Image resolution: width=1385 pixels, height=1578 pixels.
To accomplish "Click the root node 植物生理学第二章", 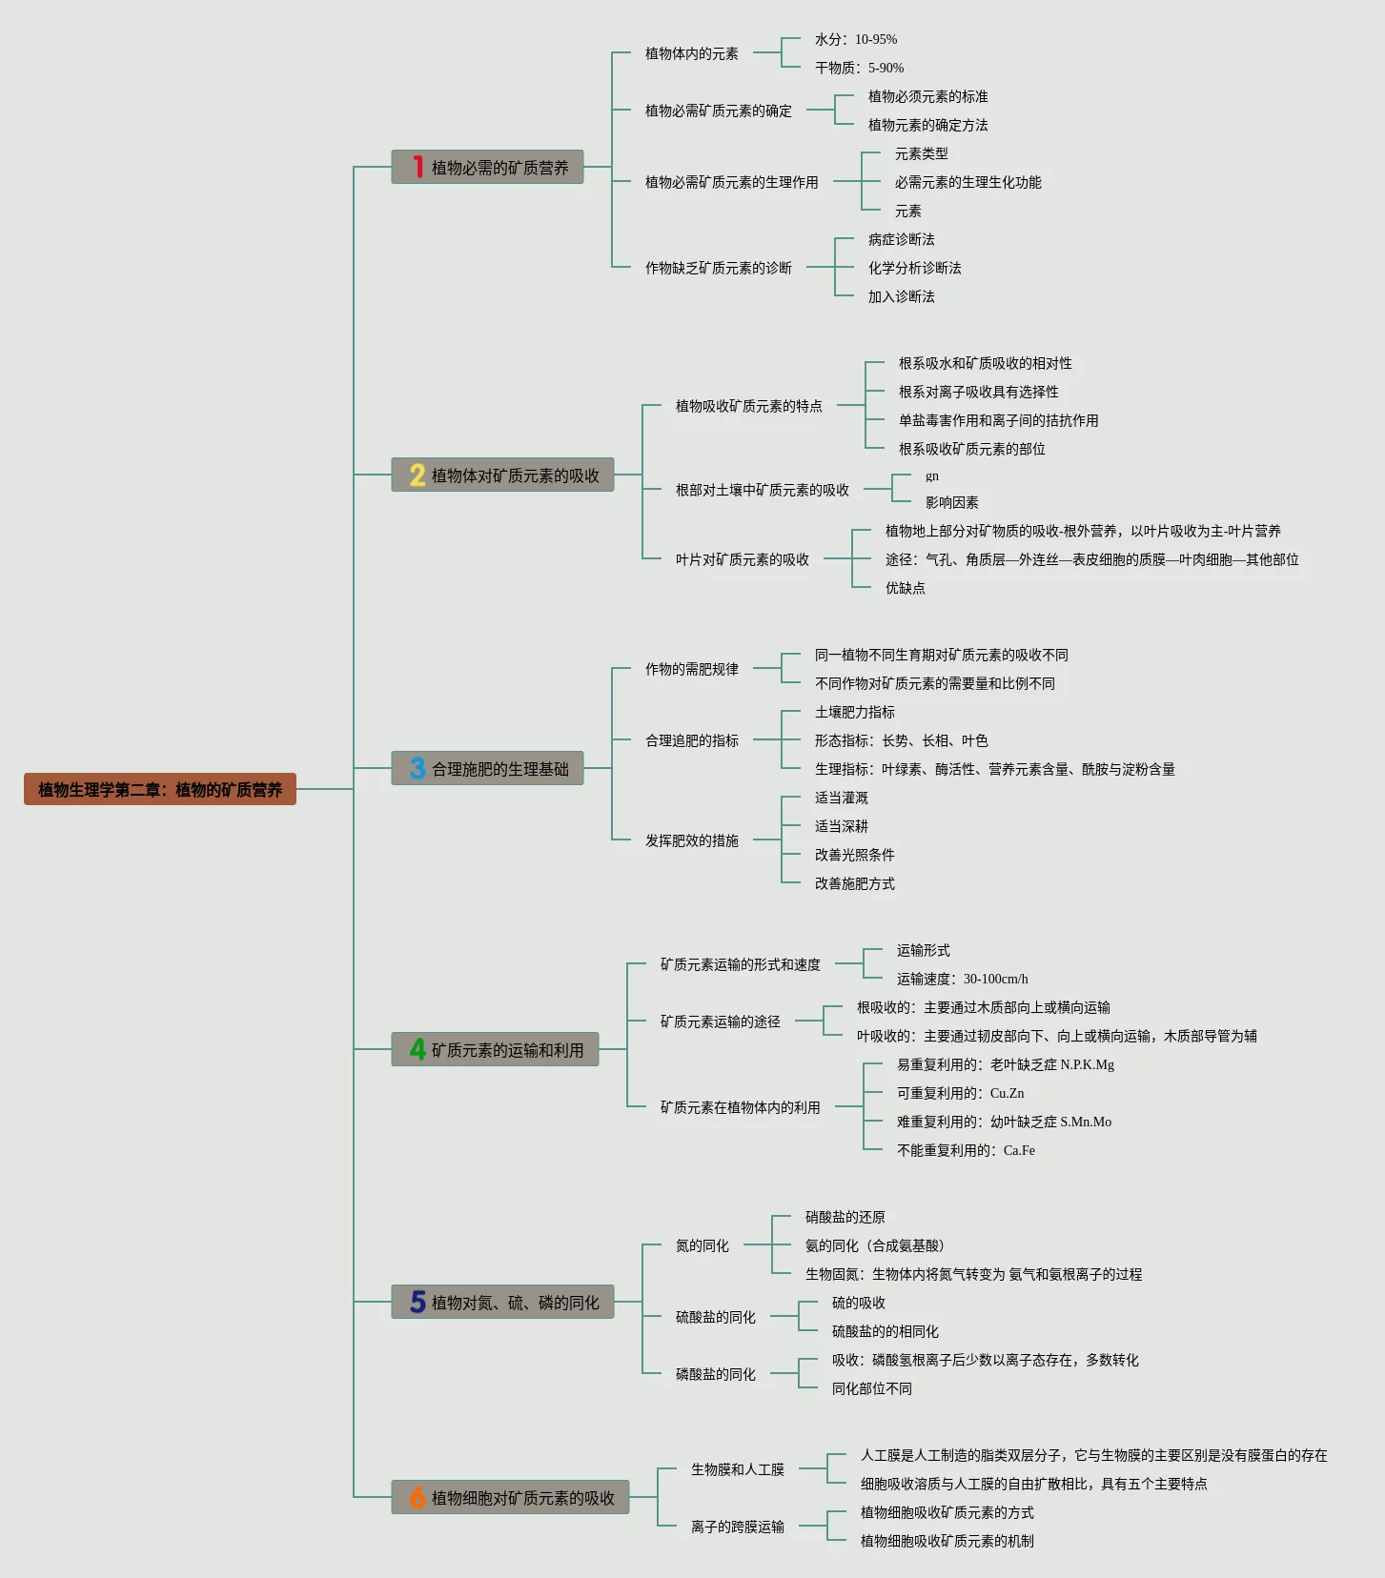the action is click(160, 789).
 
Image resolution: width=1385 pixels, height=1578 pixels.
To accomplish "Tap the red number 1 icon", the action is click(418, 167).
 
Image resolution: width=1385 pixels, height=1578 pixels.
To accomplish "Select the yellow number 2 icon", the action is click(418, 475).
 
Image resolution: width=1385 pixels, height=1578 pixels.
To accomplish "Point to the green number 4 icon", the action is click(418, 1049).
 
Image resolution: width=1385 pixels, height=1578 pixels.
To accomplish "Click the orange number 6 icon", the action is click(418, 1497).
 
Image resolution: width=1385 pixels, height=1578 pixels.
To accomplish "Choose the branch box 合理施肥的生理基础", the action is click(487, 768).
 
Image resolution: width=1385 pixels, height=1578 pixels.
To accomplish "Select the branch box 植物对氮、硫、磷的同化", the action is click(502, 1302).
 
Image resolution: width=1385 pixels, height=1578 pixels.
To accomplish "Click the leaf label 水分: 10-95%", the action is click(856, 39).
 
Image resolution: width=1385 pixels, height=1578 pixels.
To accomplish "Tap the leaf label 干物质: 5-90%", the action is click(859, 68).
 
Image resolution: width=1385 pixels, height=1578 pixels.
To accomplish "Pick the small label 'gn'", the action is click(932, 475).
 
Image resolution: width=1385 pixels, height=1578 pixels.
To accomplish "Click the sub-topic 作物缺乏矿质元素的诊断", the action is click(718, 268).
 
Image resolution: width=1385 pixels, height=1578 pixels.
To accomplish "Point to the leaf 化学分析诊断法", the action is click(914, 268).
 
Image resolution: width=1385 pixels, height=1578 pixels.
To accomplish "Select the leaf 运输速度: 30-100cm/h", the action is click(962, 979).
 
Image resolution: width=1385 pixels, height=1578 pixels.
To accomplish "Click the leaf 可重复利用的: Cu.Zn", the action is click(960, 1093).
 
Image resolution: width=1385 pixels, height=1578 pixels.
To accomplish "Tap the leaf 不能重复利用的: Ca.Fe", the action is click(966, 1150).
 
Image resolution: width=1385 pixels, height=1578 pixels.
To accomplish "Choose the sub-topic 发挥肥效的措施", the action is click(691, 840).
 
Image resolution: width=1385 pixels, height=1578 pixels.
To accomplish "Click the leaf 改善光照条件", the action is click(854, 855).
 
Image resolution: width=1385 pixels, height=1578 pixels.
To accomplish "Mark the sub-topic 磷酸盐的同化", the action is click(715, 1374).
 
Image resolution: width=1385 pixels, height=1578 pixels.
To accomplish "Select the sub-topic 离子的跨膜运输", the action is click(737, 1527).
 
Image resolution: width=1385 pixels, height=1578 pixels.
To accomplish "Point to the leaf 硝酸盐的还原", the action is click(845, 1217).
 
